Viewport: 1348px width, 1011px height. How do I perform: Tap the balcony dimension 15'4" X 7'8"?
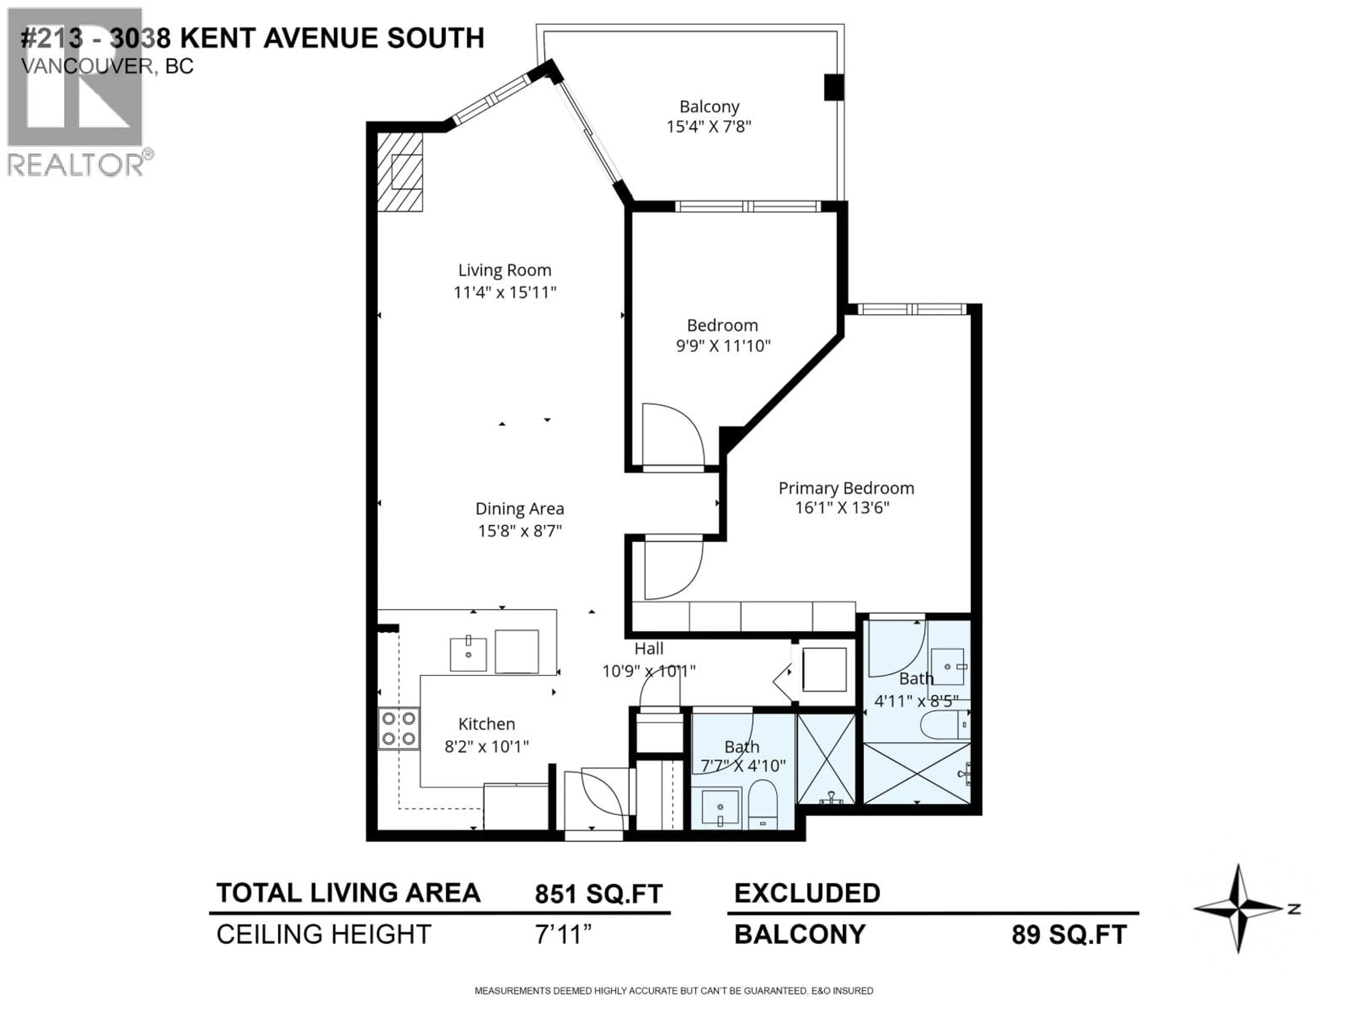[x=709, y=127]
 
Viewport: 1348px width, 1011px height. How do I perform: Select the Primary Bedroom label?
[x=846, y=488]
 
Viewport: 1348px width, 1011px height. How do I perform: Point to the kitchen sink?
[x=468, y=654]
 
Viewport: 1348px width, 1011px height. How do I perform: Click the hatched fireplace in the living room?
[x=400, y=172]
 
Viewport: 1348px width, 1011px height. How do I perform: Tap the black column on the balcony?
[x=834, y=87]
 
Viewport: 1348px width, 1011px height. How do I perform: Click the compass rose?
[x=1239, y=908]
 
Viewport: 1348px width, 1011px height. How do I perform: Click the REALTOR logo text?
[x=76, y=165]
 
